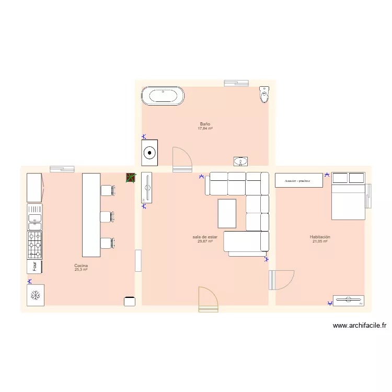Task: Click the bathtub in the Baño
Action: (x=163, y=96)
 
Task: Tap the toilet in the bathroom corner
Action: (x=264, y=95)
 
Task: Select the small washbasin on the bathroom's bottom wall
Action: (x=241, y=161)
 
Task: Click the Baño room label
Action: (x=205, y=124)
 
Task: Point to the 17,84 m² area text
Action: (x=205, y=129)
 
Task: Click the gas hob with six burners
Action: (x=35, y=245)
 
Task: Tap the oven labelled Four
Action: (x=35, y=267)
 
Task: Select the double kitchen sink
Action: (x=35, y=217)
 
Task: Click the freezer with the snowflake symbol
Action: (x=36, y=295)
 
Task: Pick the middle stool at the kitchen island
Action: (x=107, y=216)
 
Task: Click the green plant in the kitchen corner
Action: (x=131, y=178)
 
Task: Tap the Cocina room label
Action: (x=80, y=266)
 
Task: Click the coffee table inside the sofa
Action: (x=227, y=213)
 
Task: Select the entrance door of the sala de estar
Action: (x=208, y=301)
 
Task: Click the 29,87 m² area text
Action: (x=205, y=241)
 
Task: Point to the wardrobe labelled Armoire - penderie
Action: (x=299, y=180)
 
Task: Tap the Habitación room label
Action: (x=320, y=237)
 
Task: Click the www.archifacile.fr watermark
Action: (x=360, y=325)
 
